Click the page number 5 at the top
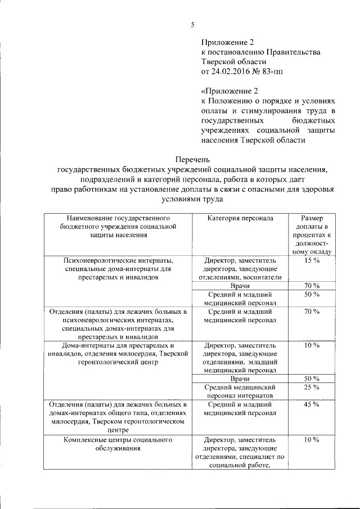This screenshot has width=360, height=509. pyautogui.click(x=192, y=25)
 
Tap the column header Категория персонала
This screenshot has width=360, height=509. pyautogui.click(x=240, y=218)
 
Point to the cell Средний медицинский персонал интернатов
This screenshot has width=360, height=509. pyautogui.click(x=240, y=391)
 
